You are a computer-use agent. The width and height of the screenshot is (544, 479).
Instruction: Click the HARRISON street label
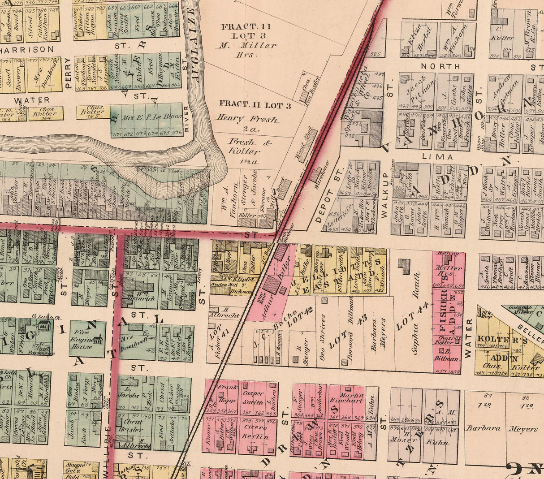tap(27, 49)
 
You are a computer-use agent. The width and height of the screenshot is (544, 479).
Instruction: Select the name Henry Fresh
tap(247, 119)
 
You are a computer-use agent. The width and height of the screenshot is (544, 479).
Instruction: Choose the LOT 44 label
tap(413, 316)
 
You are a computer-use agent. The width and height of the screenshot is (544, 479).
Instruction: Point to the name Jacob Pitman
tap(416, 90)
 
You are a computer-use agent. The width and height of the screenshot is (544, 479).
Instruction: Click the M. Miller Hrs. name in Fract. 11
tap(247, 50)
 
